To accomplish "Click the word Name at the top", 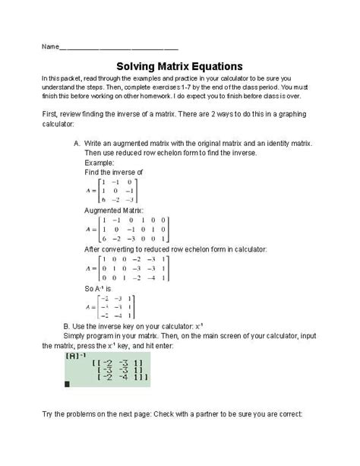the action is tap(50, 46).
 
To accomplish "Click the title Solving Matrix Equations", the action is tap(179, 66).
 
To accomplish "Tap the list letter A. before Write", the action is tap(77, 143).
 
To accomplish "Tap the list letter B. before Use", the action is tap(68, 325).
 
